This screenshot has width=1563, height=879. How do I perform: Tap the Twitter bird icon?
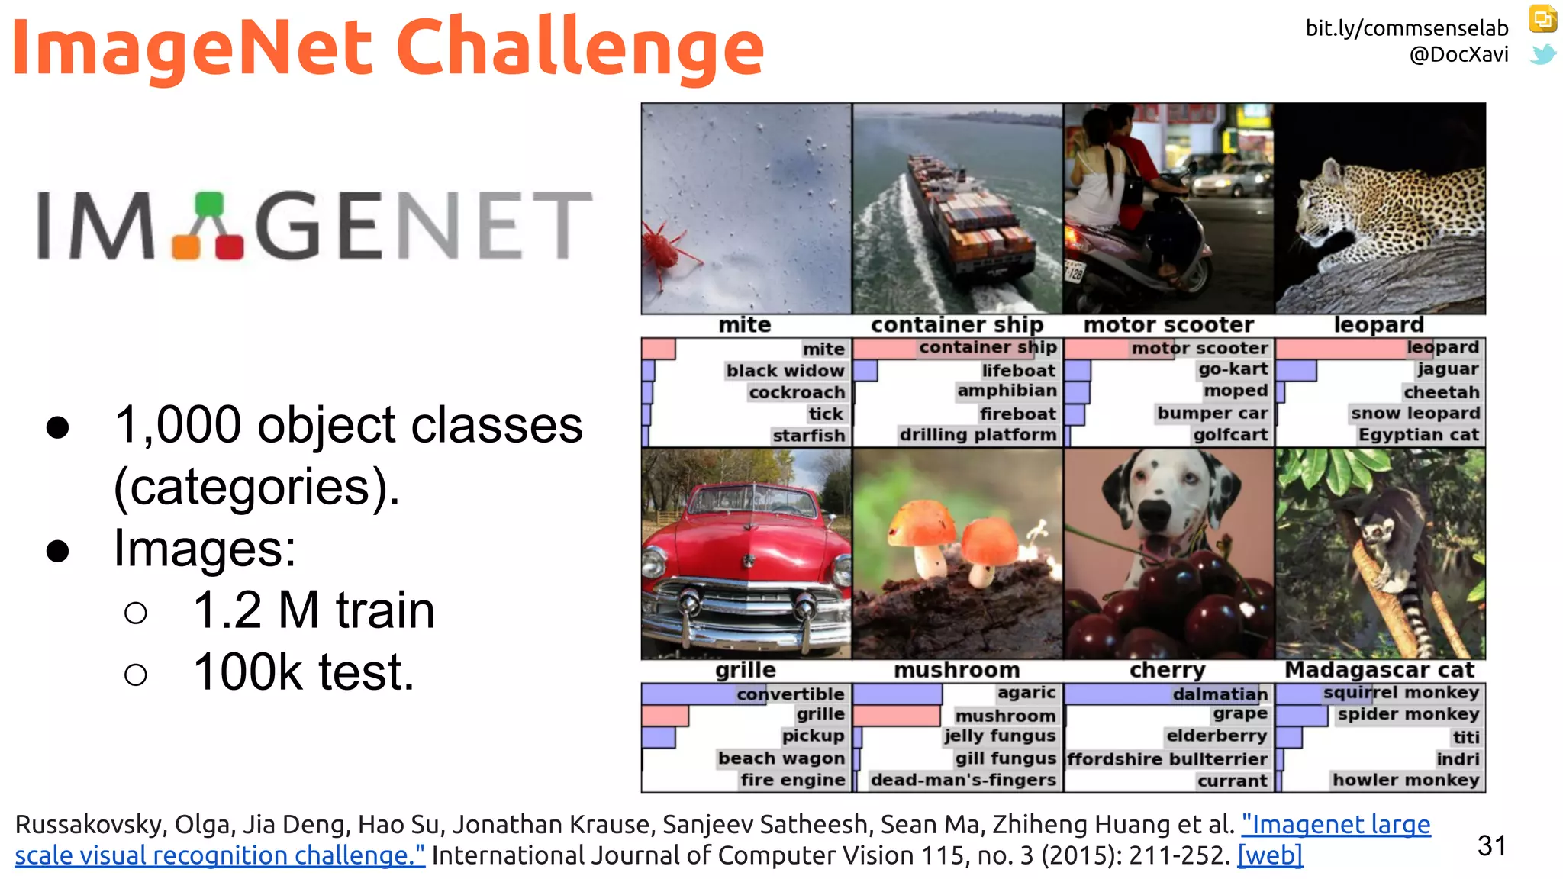click(x=1542, y=55)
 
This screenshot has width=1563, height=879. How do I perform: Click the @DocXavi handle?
click(x=1458, y=55)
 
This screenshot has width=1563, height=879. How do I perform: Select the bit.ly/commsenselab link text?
click(x=1407, y=28)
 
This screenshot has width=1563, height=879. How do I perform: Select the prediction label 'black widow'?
click(x=785, y=371)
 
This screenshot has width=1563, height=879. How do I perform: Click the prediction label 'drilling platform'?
click(x=978, y=435)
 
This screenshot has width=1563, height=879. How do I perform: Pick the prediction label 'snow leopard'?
click(x=1415, y=414)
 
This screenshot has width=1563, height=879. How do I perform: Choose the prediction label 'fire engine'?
click(x=792, y=780)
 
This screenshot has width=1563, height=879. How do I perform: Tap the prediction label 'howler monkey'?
click(x=1406, y=780)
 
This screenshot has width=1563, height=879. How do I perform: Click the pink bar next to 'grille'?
click(x=665, y=716)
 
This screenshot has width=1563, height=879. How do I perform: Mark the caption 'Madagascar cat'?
click(x=1380, y=670)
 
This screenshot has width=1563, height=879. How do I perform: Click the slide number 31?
click(x=1491, y=845)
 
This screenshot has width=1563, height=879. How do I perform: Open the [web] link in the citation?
click(x=1270, y=855)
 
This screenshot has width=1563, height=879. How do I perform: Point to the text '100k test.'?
click(x=304, y=672)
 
